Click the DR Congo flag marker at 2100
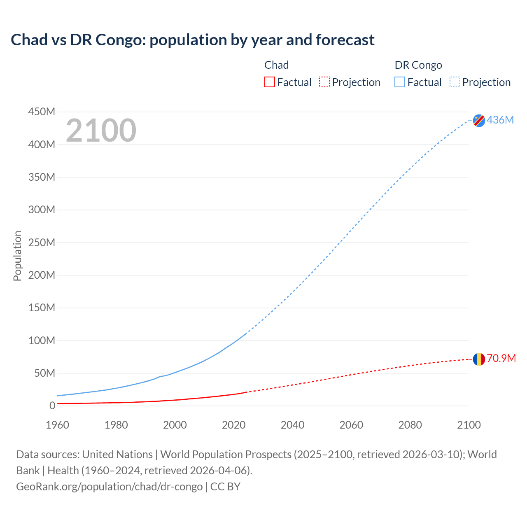[479, 120]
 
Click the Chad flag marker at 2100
[479, 359]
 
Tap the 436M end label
[500, 120]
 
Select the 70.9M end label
[501, 358]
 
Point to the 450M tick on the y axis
[42, 112]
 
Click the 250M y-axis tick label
[42, 243]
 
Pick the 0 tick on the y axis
[52, 406]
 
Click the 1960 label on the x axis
[57, 425]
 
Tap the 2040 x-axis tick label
[292, 425]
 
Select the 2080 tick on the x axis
[410, 425]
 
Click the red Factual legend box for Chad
[270, 82]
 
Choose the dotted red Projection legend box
[324, 82]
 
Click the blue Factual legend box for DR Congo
[400, 82]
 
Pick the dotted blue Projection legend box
[455, 82]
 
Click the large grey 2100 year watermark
[101, 131]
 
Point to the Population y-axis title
[17, 256]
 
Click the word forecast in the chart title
[345, 40]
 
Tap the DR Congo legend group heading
[418, 65]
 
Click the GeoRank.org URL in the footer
[109, 486]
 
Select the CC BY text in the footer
[225, 486]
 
